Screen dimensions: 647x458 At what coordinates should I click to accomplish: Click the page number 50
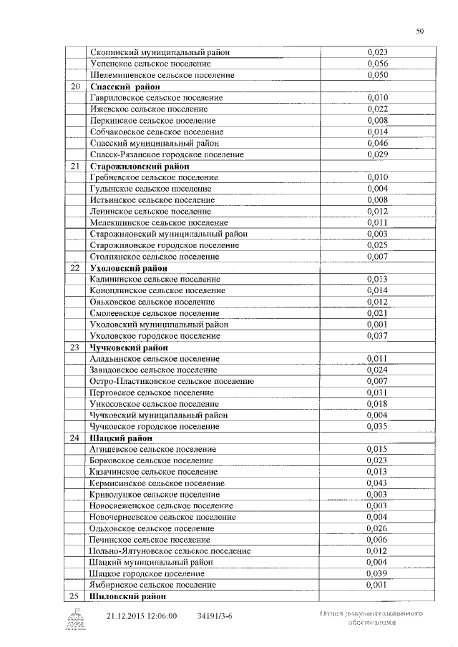[x=420, y=31]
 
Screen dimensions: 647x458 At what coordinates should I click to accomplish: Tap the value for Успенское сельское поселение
[x=377, y=64]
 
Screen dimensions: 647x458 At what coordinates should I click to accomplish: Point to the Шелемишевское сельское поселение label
[x=162, y=75]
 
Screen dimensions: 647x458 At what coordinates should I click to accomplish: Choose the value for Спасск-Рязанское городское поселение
[x=377, y=154]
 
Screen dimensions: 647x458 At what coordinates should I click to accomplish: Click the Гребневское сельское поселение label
[x=154, y=177]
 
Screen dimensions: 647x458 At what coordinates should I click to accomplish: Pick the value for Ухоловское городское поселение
[x=377, y=336]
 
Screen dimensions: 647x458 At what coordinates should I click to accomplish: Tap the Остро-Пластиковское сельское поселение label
[x=172, y=382]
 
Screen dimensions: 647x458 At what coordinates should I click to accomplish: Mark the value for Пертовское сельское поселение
[x=377, y=392]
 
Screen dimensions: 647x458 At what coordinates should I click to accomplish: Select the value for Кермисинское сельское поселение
[x=377, y=483]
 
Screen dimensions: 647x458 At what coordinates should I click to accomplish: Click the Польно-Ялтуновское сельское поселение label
[x=170, y=551]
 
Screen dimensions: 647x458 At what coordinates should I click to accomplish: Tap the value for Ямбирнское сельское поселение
[x=377, y=585]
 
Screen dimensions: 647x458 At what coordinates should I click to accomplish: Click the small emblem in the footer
[x=74, y=619]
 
